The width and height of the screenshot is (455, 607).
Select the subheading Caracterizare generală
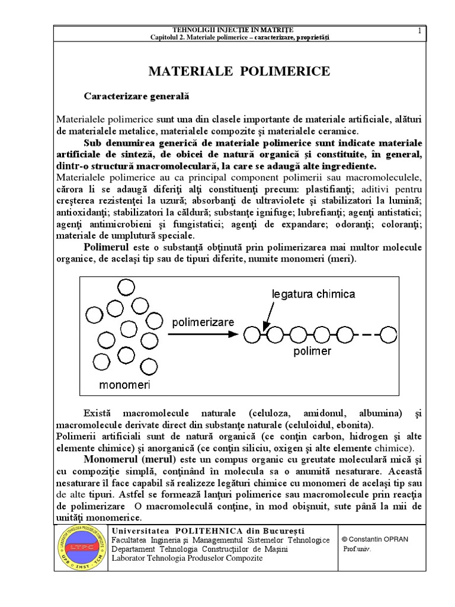pyautogui.click(x=136, y=95)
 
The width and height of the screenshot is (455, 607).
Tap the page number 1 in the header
pyautogui.click(x=419, y=31)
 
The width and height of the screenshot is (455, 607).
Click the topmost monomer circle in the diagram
pyautogui.click(x=126, y=287)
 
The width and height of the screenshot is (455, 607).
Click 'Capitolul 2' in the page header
pyautogui.click(x=172, y=37)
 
